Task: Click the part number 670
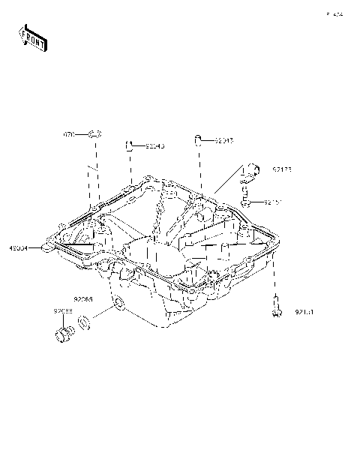tap(68, 135)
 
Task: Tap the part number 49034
tap(19, 247)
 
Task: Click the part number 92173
tap(282, 169)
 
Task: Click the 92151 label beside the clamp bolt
tap(272, 202)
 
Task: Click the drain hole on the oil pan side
tap(118, 304)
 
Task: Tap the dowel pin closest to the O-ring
tap(129, 144)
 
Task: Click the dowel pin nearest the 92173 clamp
tap(198, 139)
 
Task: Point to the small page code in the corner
tap(334, 14)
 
